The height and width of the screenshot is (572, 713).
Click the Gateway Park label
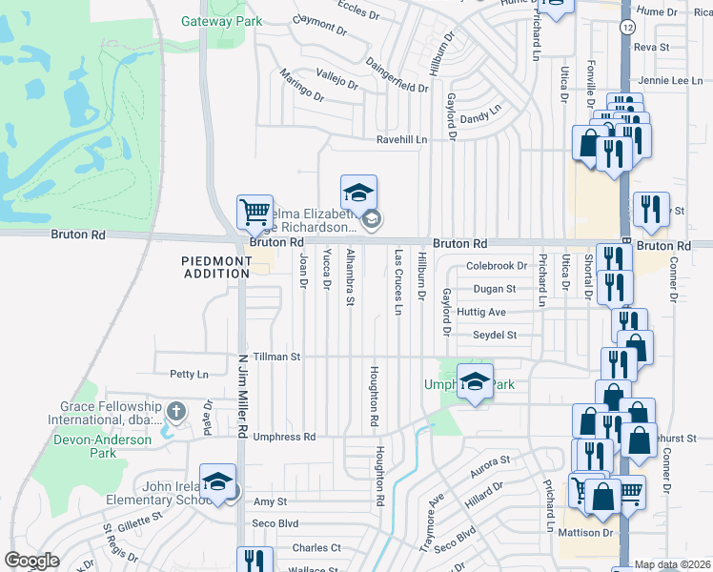[210, 20]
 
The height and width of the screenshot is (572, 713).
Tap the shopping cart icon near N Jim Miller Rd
[255, 213]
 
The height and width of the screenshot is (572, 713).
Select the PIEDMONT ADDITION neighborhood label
[215, 267]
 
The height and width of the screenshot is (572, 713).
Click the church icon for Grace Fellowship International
[175, 411]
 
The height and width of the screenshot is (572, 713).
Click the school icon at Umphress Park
[474, 382]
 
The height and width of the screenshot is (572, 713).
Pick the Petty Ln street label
[188, 375]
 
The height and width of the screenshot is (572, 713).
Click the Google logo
[32, 561]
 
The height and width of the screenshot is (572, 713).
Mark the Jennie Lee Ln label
[671, 81]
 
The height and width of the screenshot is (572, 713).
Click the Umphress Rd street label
[283, 437]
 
